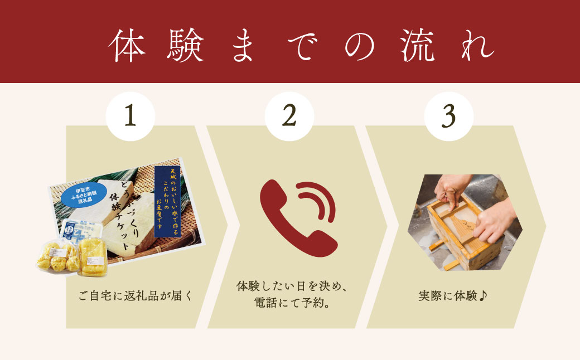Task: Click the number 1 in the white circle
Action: pyautogui.click(x=130, y=116)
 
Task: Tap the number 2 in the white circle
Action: pyautogui.click(x=289, y=116)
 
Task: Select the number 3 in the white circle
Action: pyautogui.click(x=449, y=116)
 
